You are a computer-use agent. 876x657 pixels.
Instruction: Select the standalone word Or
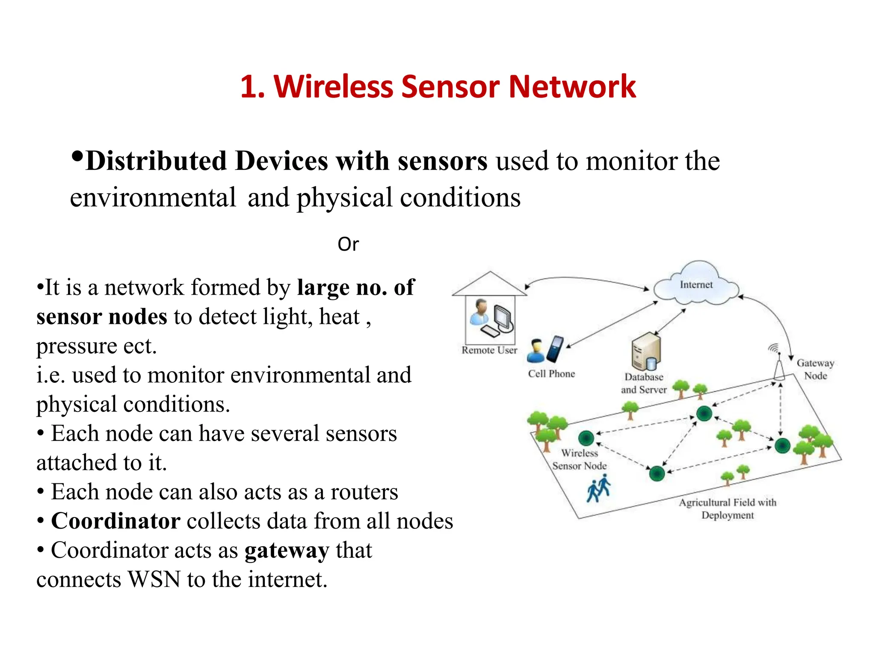348,244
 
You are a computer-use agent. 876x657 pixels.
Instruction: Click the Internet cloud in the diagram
696,284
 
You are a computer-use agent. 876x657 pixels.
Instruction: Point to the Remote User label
489,350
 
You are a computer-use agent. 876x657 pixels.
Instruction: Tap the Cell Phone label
551,374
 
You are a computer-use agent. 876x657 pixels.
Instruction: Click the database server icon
646,351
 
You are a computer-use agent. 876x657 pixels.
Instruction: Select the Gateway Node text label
815,370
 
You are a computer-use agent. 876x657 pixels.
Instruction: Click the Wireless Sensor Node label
580,459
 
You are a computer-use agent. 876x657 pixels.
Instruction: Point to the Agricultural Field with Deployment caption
728,509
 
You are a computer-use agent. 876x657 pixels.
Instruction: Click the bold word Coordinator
115,521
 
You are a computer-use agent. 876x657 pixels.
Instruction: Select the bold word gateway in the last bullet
287,550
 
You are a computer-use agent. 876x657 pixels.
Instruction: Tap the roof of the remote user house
490,284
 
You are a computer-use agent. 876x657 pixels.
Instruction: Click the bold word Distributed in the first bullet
156,161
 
